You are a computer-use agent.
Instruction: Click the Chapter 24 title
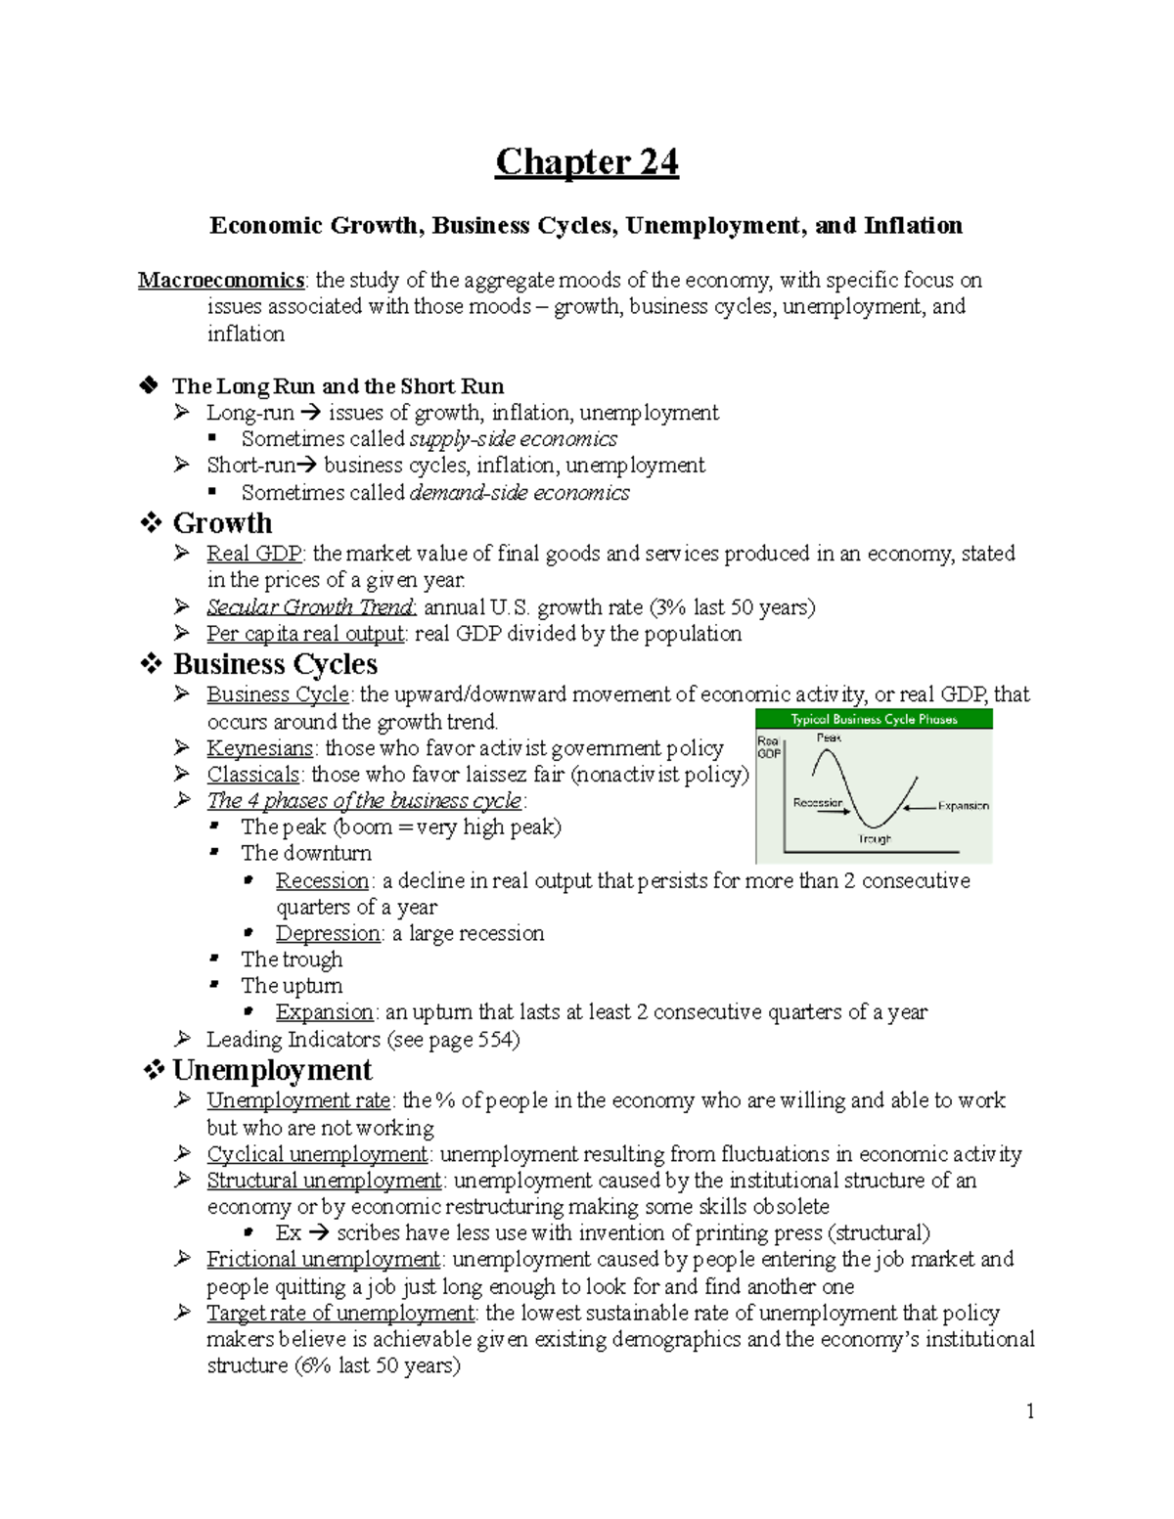coord(586,162)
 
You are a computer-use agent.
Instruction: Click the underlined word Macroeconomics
coord(221,281)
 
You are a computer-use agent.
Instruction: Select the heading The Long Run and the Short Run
coord(338,386)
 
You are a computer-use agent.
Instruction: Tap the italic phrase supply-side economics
coord(513,439)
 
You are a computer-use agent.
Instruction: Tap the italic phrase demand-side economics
coord(519,493)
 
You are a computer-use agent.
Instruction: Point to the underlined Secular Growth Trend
coord(311,607)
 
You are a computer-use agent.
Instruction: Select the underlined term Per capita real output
coord(305,634)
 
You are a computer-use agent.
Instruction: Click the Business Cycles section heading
coord(275,664)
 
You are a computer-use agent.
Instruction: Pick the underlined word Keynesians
coord(259,748)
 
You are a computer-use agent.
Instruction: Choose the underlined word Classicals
coord(252,775)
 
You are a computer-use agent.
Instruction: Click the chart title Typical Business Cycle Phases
coord(874,720)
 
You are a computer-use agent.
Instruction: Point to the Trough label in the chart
coord(875,839)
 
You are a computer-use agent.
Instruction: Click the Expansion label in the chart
coord(963,806)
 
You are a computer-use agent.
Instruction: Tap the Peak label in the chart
coord(829,738)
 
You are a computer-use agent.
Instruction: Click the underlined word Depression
coord(328,933)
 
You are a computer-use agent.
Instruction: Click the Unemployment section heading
coord(272,1070)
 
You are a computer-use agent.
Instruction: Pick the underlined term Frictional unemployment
coord(323,1260)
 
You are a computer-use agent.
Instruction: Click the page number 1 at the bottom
coord(1029,1410)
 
